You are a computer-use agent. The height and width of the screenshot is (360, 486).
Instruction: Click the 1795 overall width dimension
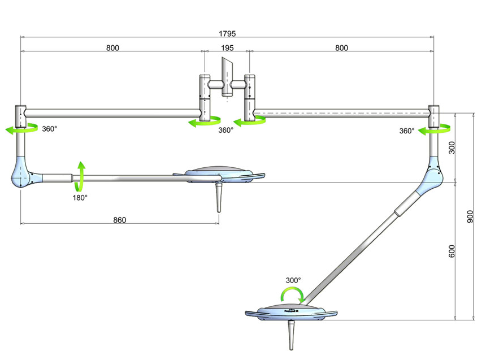228,33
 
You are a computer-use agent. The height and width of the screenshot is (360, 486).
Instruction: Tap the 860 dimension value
120,219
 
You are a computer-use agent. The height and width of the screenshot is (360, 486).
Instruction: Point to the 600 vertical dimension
452,251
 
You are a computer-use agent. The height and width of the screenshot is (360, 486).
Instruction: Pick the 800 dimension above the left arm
112,48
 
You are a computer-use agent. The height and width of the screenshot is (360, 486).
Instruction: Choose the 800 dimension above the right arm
341,48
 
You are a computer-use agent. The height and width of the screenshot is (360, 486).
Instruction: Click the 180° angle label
79,198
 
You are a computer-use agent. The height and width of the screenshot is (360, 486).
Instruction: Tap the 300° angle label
293,280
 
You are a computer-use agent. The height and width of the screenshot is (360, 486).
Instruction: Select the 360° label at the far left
50,129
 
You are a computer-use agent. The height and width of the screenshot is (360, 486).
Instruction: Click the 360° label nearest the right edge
407,131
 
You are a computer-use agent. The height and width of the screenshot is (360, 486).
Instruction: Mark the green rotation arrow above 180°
81,175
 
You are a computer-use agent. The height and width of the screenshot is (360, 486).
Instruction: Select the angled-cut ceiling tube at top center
228,73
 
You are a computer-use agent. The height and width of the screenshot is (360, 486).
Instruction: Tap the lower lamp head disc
291,313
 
